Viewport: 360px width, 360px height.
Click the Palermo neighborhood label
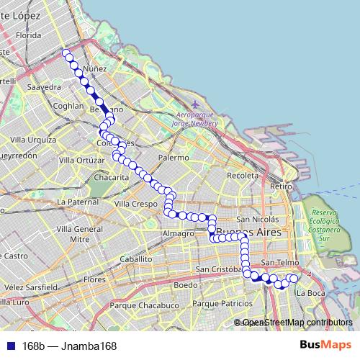(x=174, y=157)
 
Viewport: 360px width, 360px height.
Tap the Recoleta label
(x=242, y=175)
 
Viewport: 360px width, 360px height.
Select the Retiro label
(x=280, y=186)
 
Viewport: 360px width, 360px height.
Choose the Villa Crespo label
(x=135, y=204)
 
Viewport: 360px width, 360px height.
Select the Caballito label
(x=137, y=258)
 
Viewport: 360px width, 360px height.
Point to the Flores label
(x=95, y=279)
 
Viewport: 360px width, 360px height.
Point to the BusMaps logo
(x=325, y=346)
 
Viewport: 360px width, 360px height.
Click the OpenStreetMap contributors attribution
(x=297, y=323)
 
